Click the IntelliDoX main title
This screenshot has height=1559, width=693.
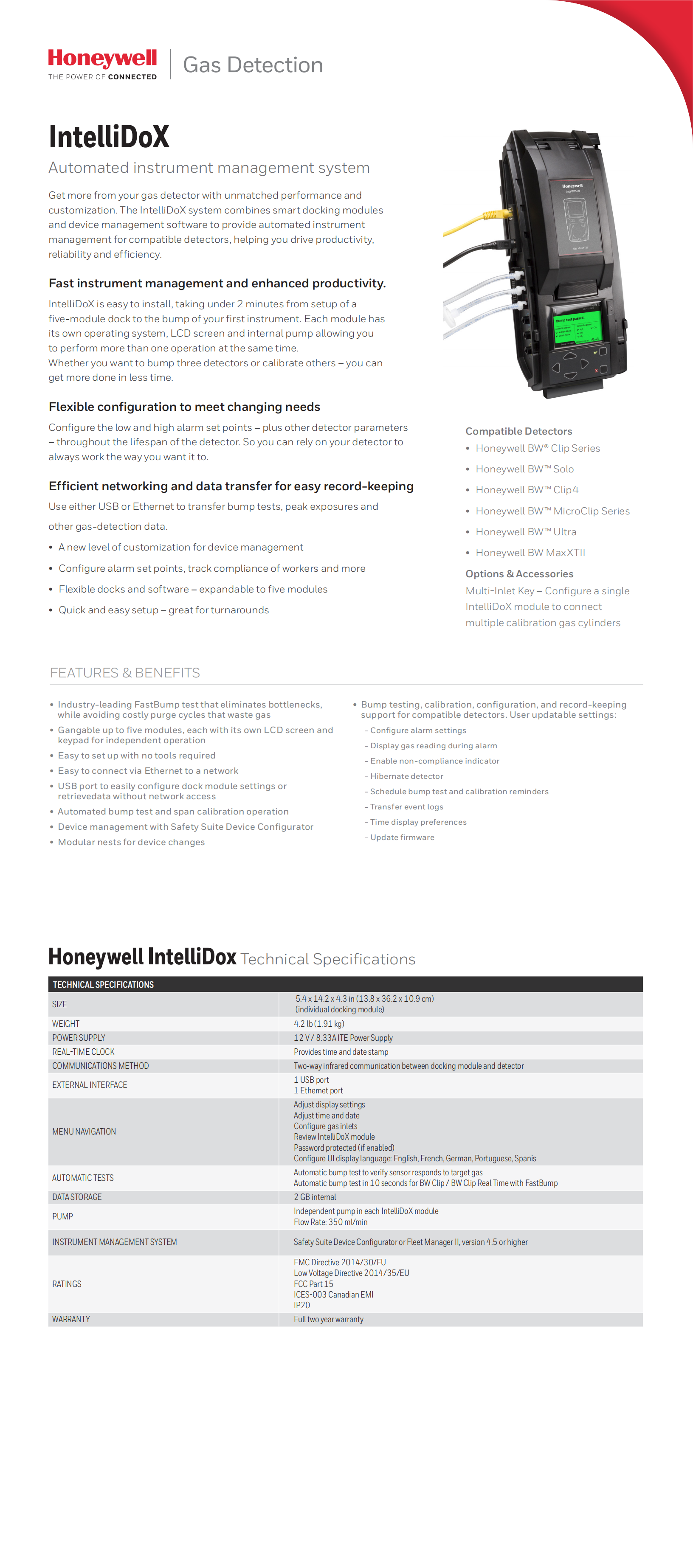[109, 137]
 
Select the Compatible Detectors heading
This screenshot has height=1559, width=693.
[518, 431]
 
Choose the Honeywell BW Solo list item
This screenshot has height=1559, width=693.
[524, 469]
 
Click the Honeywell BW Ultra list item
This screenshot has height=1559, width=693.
[525, 531]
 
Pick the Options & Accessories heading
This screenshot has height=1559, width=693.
[519, 574]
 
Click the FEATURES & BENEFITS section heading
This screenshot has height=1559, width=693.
[125, 673]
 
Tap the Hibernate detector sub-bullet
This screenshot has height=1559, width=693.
[406, 776]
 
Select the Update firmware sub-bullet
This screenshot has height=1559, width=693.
[402, 837]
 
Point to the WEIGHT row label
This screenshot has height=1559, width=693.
[65, 1023]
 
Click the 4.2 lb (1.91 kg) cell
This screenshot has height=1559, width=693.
[319, 1023]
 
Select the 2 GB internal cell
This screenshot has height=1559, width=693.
[315, 1197]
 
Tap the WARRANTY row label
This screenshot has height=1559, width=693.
[71, 1319]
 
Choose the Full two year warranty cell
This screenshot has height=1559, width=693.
[329, 1319]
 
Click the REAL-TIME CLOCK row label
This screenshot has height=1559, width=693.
[83, 1052]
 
